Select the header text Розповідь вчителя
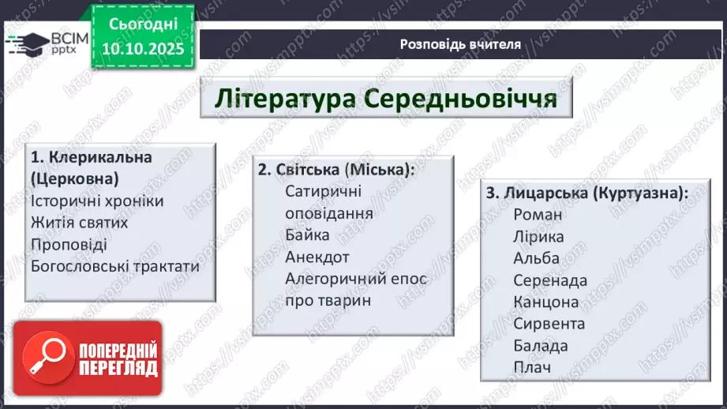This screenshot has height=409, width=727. point(460,44)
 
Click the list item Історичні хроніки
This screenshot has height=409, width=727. point(98,201)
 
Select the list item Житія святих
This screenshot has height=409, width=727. point(80,223)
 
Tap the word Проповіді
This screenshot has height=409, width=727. point(69,244)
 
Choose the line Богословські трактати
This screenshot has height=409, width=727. point(115,266)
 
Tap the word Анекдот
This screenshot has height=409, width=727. point(317,257)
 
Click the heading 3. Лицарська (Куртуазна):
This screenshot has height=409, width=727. point(586,192)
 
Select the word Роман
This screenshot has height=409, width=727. point(538,214)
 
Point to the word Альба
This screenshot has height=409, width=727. point(536,258)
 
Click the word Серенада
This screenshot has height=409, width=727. point(550,280)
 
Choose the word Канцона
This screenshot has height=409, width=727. point(545,302)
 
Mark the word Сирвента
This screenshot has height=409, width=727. point(549,324)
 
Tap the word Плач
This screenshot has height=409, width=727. point(531,367)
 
